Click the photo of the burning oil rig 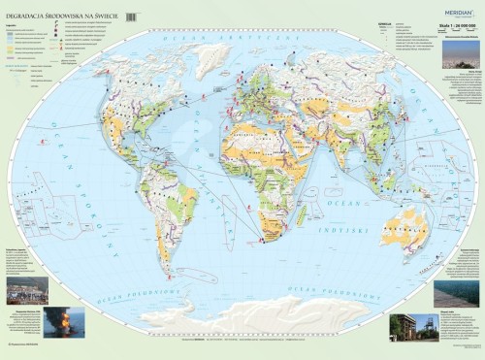click(x=63, y=322)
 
